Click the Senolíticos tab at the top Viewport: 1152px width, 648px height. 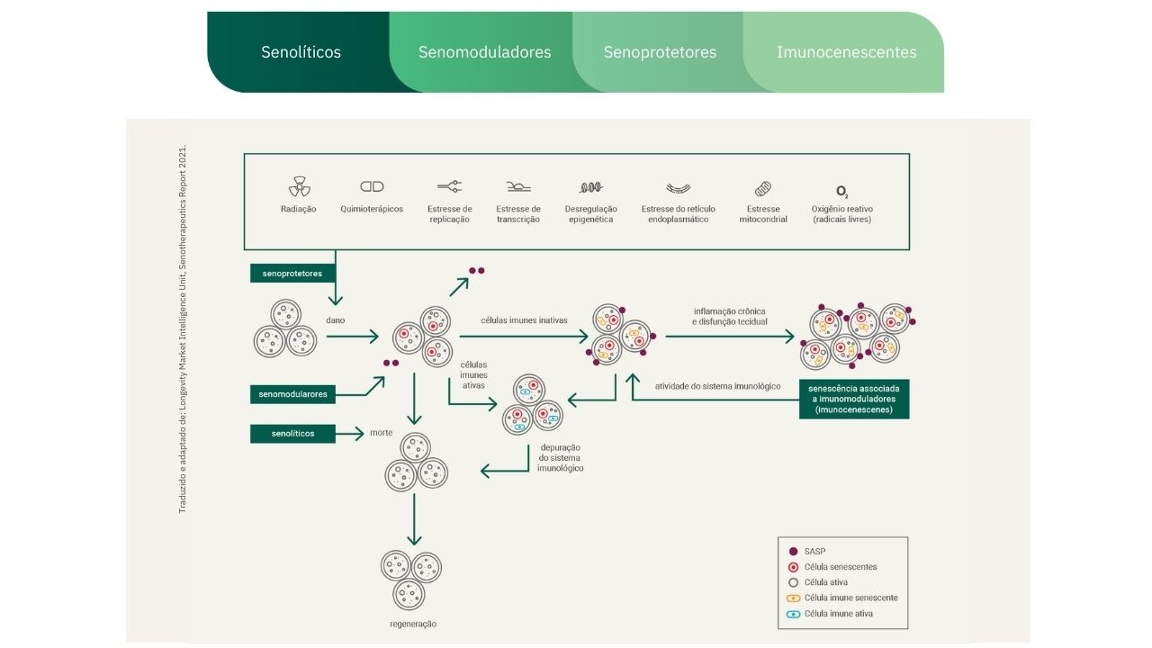301,52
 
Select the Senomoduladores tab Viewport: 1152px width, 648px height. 484,52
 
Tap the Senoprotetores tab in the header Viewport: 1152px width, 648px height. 660,52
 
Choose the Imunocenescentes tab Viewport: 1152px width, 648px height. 846,52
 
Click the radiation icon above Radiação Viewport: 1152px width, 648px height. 299,186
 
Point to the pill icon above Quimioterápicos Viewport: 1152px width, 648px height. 372,186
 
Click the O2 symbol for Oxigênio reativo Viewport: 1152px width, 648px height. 841,192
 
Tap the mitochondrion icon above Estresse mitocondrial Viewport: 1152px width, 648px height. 762,189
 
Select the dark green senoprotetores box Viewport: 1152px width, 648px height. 292,273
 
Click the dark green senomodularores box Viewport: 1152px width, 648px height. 292,394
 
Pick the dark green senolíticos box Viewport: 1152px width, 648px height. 292,434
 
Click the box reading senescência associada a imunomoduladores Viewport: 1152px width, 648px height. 854,399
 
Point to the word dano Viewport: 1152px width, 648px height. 336,319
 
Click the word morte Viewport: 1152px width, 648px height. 381,433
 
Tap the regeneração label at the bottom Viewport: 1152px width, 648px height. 413,624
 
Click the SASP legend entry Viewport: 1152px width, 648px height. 807,552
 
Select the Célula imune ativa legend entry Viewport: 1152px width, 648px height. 830,614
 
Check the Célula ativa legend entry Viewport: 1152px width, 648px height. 818,582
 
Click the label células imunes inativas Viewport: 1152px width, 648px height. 524,319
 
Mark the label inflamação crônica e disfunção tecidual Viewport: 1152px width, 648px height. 729,316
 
